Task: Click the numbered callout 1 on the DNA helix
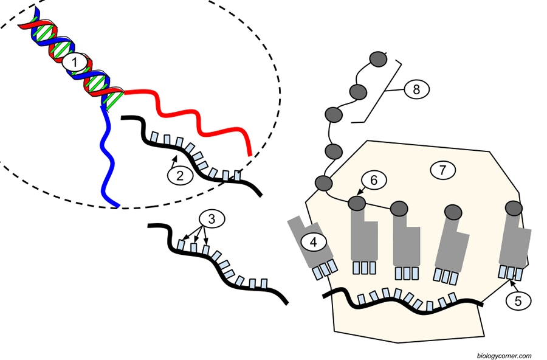point(74,62)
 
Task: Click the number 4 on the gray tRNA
point(314,242)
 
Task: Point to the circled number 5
point(518,300)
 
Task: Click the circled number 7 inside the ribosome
point(442,170)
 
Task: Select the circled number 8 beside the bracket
point(416,89)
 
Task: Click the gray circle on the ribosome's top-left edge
point(324,182)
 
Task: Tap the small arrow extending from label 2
point(176,161)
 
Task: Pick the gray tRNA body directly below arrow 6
point(363,238)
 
